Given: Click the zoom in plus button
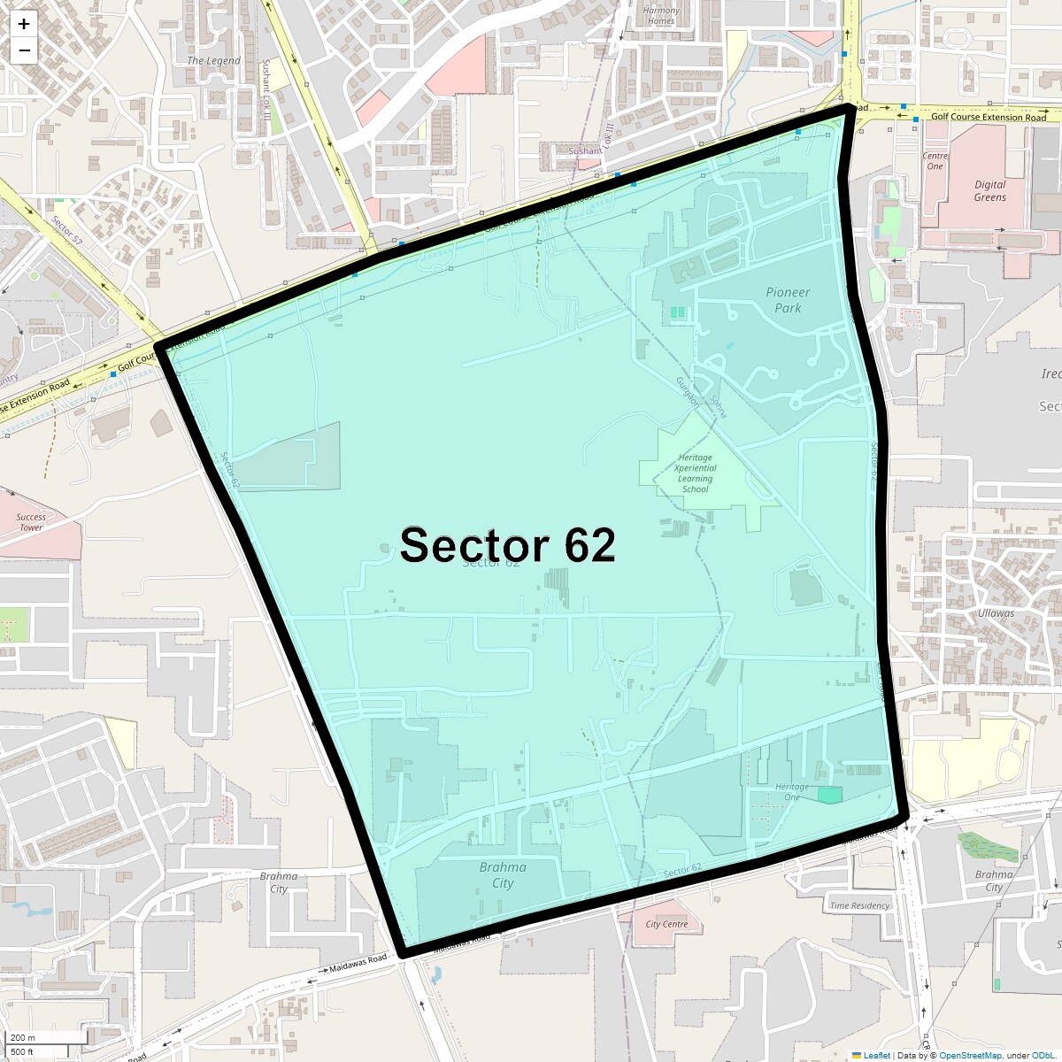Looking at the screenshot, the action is (24, 24).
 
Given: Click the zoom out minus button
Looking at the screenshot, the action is (24, 50).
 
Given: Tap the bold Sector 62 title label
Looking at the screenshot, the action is (507, 545).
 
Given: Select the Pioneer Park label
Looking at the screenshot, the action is (788, 300).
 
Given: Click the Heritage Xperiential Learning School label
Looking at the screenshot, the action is (696, 473).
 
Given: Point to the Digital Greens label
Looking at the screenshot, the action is (989, 191).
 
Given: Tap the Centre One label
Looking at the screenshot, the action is (935, 161).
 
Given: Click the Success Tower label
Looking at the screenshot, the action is (31, 522).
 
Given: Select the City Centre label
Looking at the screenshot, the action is (666, 924).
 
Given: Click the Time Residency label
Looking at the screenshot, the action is (859, 905).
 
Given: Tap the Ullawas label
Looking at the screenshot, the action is (996, 613).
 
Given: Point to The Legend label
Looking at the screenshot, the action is (213, 61).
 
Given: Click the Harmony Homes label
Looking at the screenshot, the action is (661, 16).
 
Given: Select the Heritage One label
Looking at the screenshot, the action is (792, 791).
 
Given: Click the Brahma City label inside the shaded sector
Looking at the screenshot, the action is (503, 875).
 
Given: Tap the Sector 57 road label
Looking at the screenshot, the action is (66, 230).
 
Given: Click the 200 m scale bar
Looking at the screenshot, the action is (44, 1037).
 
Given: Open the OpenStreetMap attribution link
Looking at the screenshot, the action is (970, 1055).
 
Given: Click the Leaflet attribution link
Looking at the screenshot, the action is (876, 1055).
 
